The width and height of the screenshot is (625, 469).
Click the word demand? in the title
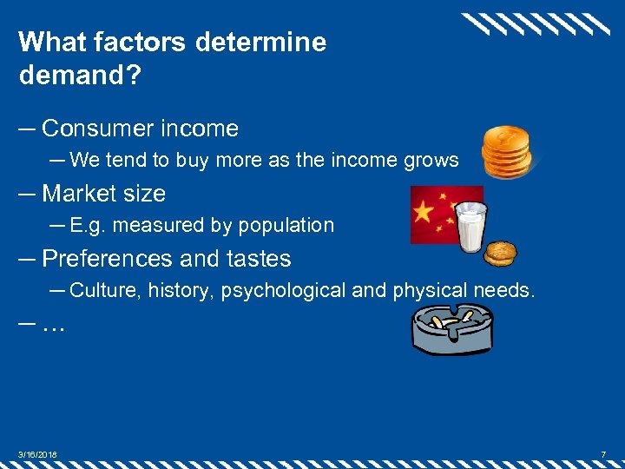(77, 76)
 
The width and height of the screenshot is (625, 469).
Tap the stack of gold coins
(508, 152)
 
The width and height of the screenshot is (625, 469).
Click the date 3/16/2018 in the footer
(38, 455)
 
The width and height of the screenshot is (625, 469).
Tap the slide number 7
(602, 455)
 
